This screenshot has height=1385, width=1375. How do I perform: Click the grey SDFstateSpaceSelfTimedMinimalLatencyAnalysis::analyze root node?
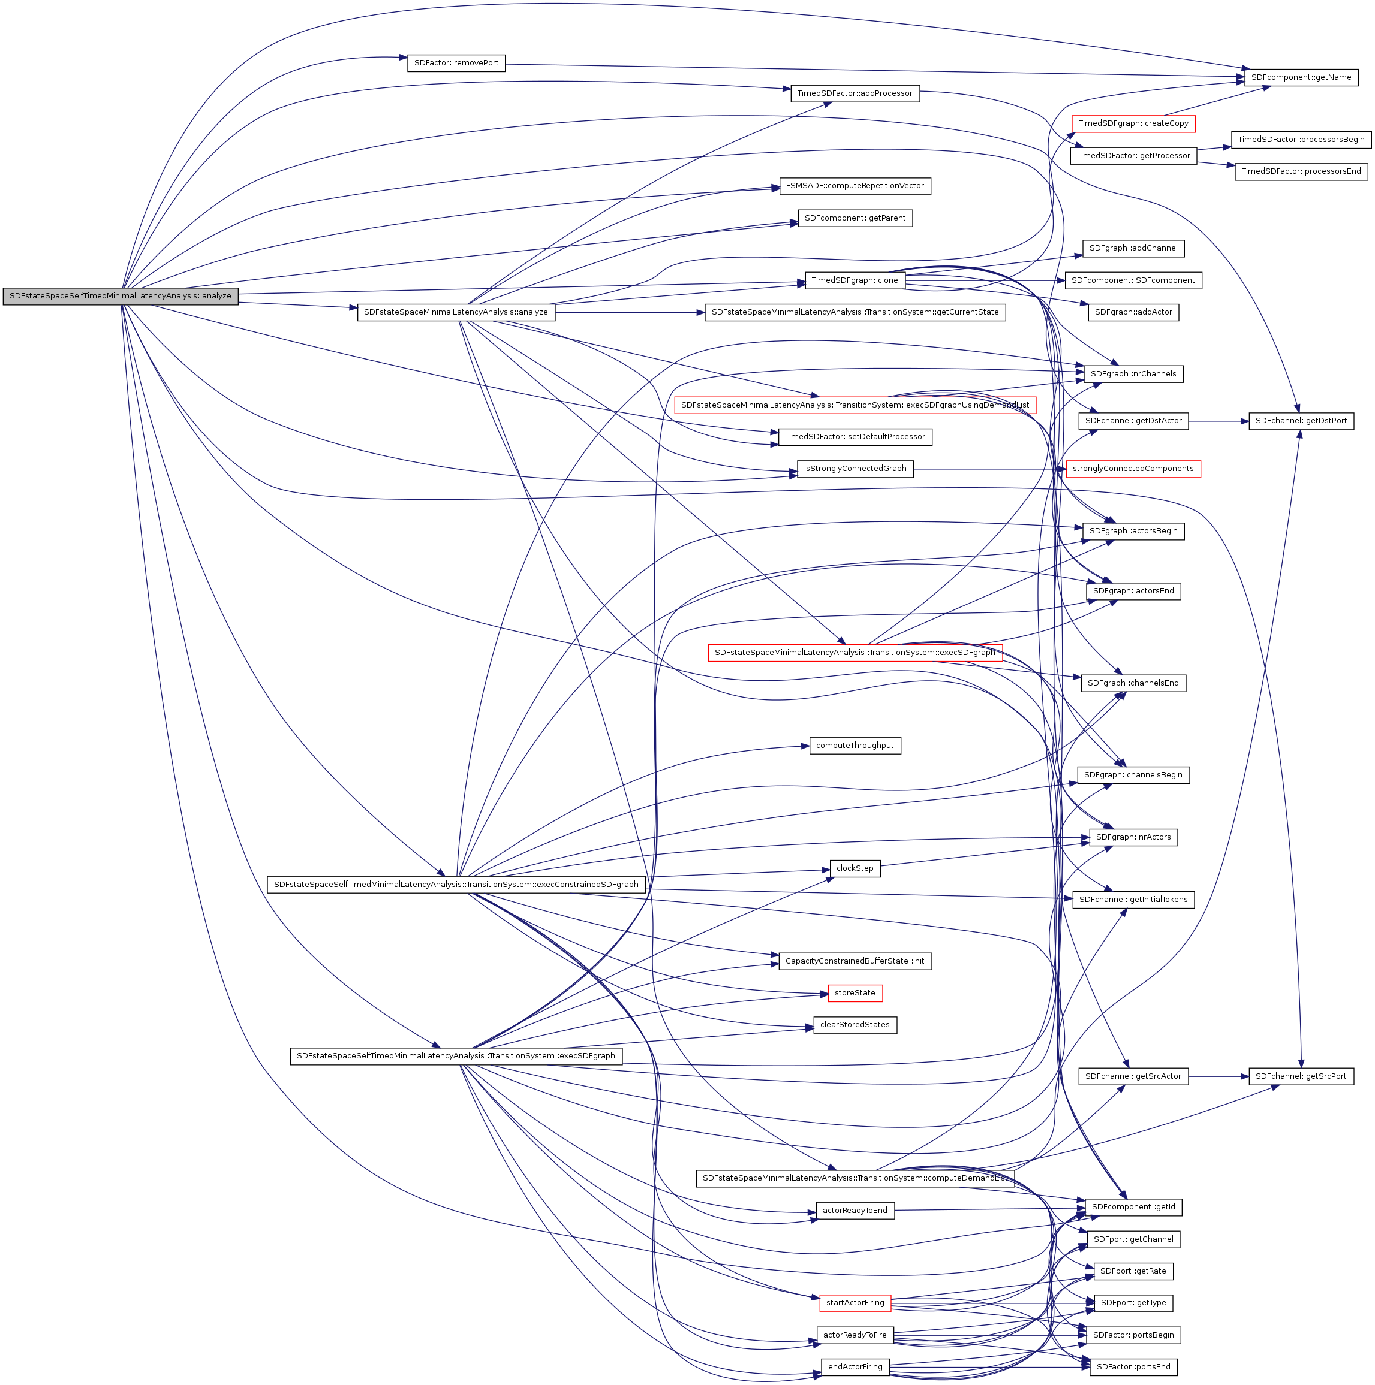[120, 296]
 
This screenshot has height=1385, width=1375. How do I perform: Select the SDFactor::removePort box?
[456, 63]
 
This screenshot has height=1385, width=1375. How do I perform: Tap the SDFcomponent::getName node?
[1301, 77]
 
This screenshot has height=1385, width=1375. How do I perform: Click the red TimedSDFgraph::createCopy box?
[1133, 123]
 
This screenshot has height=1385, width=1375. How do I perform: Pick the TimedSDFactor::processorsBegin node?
[1301, 139]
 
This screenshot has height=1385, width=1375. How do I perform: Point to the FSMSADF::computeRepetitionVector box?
[855, 186]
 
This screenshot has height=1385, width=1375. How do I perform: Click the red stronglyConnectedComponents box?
[1133, 469]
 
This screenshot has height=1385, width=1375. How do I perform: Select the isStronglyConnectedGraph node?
[855, 469]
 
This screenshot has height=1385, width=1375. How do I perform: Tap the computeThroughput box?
[855, 746]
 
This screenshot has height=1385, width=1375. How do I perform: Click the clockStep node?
[855, 868]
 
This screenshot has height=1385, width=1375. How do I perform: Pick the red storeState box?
[855, 993]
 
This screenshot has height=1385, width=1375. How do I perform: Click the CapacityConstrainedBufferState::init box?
[855, 961]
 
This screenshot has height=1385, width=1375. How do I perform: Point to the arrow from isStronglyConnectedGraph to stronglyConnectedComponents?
[990, 469]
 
